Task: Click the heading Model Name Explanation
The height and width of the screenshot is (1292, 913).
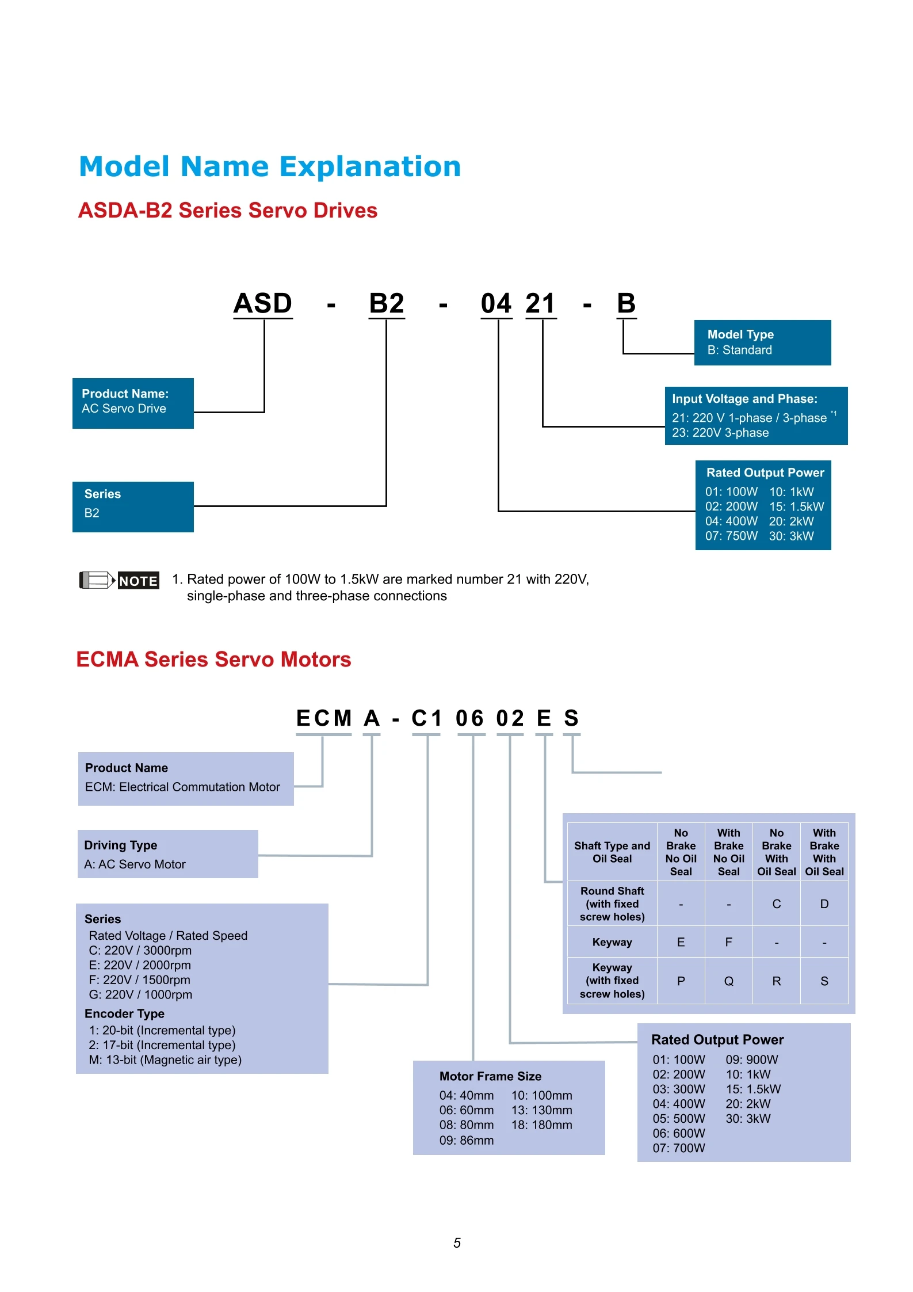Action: pyautogui.click(x=269, y=167)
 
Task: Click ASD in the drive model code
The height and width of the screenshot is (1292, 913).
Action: pyautogui.click(x=263, y=303)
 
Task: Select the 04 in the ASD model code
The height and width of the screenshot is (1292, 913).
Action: pyautogui.click(x=496, y=303)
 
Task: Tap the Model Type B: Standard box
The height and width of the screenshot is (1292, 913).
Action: pyautogui.click(x=762, y=342)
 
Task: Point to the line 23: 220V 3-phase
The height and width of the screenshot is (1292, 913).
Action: pyautogui.click(x=720, y=433)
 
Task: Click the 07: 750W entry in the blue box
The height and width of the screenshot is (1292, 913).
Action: pyautogui.click(x=731, y=536)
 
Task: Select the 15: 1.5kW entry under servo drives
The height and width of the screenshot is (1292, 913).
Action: pyautogui.click(x=796, y=506)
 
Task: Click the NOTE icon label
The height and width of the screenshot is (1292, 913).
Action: pyautogui.click(x=138, y=581)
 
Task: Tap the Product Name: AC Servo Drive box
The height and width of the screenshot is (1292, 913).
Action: pyautogui.click(x=133, y=402)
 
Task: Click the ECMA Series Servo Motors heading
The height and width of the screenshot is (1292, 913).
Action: pyautogui.click(x=213, y=660)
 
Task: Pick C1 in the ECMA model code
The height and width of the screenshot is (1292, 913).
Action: pyautogui.click(x=426, y=718)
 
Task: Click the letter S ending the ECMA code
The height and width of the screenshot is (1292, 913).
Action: pyautogui.click(x=571, y=718)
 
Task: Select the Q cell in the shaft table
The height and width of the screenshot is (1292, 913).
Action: pyautogui.click(x=728, y=981)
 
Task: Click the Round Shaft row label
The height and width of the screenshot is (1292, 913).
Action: pyautogui.click(x=612, y=904)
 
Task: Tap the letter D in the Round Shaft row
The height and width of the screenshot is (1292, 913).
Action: pyautogui.click(x=824, y=904)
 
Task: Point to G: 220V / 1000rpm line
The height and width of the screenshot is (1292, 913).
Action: pyautogui.click(x=140, y=994)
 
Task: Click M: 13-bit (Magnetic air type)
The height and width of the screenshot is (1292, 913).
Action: pyautogui.click(x=165, y=1059)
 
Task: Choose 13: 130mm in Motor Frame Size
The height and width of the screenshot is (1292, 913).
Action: pyautogui.click(x=541, y=1110)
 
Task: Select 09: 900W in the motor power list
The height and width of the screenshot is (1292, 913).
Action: pyautogui.click(x=751, y=1059)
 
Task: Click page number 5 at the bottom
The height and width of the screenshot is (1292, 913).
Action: pyautogui.click(x=457, y=1243)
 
